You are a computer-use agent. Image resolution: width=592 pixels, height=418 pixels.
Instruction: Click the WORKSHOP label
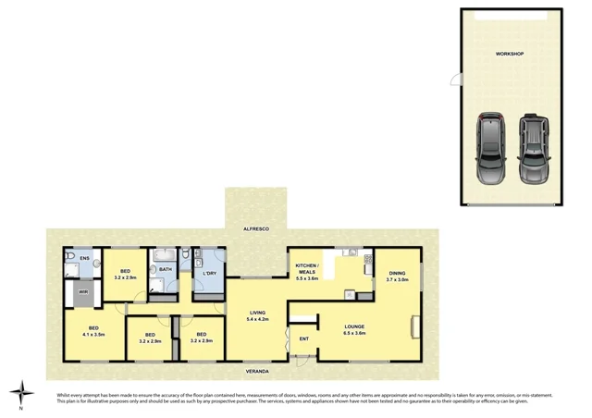pyautogui.click(x=509, y=55)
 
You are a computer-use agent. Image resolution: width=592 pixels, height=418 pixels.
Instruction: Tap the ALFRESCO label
pyautogui.click(x=255, y=227)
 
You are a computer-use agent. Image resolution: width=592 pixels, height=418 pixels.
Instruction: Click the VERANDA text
pyautogui.click(x=258, y=370)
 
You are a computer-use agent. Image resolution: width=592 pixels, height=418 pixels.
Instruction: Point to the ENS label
pyautogui.click(x=84, y=258)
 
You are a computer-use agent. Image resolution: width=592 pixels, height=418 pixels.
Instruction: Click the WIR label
pyautogui.click(x=82, y=292)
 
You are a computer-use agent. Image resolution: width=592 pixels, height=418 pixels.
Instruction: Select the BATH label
pyautogui.click(x=166, y=269)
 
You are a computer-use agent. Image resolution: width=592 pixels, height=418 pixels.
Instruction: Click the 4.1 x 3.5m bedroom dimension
pyautogui.click(x=93, y=335)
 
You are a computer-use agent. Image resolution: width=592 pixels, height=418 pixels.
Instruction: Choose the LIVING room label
pyautogui.click(x=258, y=313)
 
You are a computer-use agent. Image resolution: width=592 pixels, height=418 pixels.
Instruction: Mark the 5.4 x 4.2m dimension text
pyautogui.click(x=258, y=320)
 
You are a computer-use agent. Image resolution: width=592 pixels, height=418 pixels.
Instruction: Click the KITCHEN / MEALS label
pyautogui.click(x=306, y=268)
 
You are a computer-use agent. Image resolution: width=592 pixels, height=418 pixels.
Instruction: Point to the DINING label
pyautogui.click(x=397, y=273)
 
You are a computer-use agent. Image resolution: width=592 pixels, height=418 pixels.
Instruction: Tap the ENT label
pyautogui.click(x=303, y=338)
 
